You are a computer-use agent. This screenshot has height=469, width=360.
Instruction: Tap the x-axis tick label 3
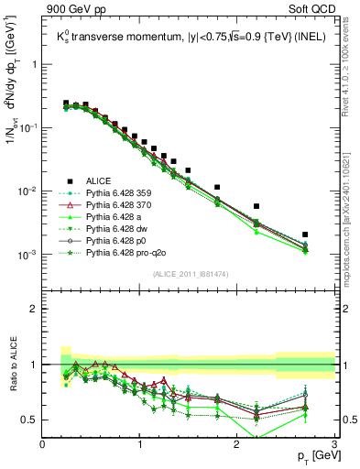(x=334, y=443)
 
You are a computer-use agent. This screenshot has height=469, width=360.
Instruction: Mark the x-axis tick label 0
(x=43, y=443)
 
